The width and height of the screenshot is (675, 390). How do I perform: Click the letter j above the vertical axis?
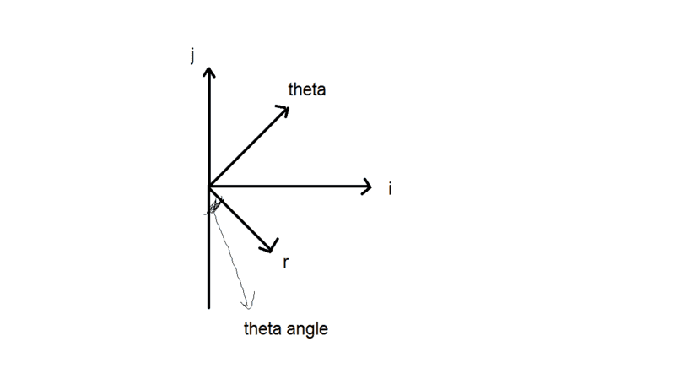(193, 57)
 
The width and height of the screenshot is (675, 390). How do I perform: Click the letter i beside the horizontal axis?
(390, 188)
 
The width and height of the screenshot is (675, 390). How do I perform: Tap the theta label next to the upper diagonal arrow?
(306, 89)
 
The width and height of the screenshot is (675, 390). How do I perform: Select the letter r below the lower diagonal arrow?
(287, 263)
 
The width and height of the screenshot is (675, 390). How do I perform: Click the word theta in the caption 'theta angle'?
(262, 328)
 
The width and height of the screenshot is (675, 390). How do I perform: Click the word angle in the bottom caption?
(306, 330)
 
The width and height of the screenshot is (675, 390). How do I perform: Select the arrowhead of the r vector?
(270, 247)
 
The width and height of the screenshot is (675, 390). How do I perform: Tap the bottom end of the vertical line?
(208, 306)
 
